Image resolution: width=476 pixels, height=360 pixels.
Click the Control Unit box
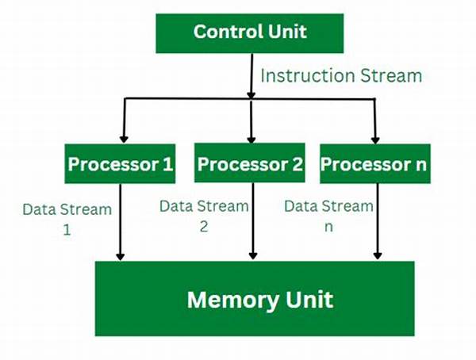tap(250, 33)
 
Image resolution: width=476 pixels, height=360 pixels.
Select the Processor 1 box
tap(120, 163)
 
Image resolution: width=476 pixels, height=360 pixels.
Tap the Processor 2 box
tap(250, 163)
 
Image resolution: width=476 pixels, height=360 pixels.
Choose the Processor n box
tap(375, 163)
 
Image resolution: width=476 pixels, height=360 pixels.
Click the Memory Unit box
tap(255, 298)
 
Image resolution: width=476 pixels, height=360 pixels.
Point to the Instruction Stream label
tap(341, 75)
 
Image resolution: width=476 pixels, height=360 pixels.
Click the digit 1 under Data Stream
tap(67, 230)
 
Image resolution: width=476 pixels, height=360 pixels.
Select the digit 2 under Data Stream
tap(204, 227)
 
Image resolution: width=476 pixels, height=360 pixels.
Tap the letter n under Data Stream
tap(328, 228)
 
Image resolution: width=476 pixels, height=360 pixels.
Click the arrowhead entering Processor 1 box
tap(124, 139)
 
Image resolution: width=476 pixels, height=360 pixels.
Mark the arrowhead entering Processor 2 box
tap(251, 139)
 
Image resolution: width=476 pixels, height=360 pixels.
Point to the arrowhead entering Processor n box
tap(375, 140)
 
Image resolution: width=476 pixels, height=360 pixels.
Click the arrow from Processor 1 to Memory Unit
tap(121, 222)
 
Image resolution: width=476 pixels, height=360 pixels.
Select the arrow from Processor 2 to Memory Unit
tap(253, 221)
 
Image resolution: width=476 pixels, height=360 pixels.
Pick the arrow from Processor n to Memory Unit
tap(378, 221)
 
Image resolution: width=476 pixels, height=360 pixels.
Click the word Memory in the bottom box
tap(232, 301)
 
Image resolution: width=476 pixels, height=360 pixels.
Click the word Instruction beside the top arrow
tap(308, 75)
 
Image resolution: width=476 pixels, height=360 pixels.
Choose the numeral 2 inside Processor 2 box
tap(297, 164)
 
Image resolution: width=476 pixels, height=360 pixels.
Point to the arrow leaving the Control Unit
tap(251, 76)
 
